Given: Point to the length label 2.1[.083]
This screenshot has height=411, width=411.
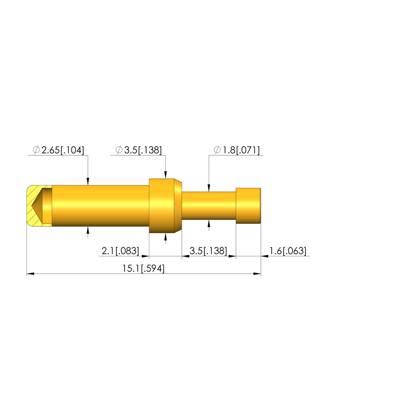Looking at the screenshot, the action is click(x=120, y=251).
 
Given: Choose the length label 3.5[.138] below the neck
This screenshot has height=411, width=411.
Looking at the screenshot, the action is click(x=208, y=251).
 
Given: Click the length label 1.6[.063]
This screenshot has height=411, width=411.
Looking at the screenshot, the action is click(x=288, y=251).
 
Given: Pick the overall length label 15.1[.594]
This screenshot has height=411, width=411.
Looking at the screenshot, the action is click(x=143, y=269).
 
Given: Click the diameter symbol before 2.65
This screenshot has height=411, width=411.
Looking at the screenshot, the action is click(x=36, y=150).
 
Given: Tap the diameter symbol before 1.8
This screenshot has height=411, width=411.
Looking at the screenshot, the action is click(x=217, y=150).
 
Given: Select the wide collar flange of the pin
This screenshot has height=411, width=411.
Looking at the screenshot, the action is click(x=165, y=206).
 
